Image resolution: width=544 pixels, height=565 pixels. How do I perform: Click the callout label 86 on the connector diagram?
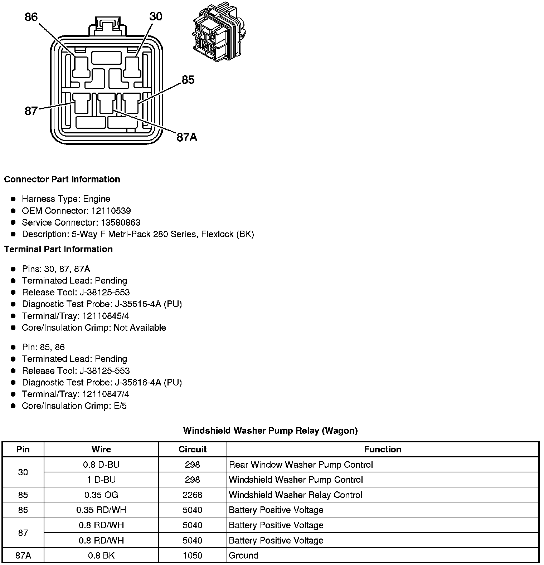[31, 17]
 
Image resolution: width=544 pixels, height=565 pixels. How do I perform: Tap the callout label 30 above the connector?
[156, 16]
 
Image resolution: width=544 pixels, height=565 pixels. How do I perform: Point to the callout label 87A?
[187, 137]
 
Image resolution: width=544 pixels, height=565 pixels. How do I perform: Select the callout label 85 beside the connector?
[188, 80]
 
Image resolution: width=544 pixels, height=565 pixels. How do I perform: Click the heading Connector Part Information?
[62, 179]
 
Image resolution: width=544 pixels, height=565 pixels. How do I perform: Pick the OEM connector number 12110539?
[111, 211]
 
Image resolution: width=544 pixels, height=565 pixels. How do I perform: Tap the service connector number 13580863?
[121, 222]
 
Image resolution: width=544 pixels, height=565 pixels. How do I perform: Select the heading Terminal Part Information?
[58, 249]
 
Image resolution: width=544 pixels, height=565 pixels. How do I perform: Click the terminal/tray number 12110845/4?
[106, 316]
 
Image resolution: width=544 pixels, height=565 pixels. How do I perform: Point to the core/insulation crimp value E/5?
[120, 406]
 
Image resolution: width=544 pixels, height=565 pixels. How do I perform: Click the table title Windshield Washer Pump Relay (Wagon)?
[270, 430]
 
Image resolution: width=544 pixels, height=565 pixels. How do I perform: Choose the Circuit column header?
[193, 449]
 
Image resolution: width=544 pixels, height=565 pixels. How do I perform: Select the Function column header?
[383, 449]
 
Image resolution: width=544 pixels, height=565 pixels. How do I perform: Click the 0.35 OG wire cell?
[101, 495]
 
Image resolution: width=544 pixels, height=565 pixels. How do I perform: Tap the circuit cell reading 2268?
[193, 495]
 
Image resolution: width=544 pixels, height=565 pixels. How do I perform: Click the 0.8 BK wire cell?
[101, 555]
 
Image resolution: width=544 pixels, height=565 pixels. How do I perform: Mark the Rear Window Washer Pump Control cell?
[301, 465]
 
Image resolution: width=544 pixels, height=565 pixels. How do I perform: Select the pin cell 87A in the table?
[23, 555]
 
